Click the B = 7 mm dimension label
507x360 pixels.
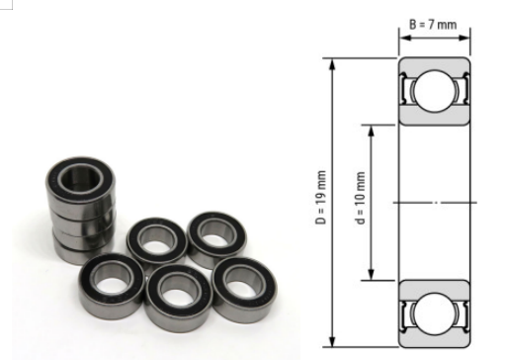433,25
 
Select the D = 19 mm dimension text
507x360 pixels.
320,198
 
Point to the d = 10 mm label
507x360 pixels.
361,198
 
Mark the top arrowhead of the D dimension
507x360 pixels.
332,64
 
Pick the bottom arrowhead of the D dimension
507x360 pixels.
332,340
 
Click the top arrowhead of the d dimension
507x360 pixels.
372,132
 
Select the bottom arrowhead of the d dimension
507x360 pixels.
372,274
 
